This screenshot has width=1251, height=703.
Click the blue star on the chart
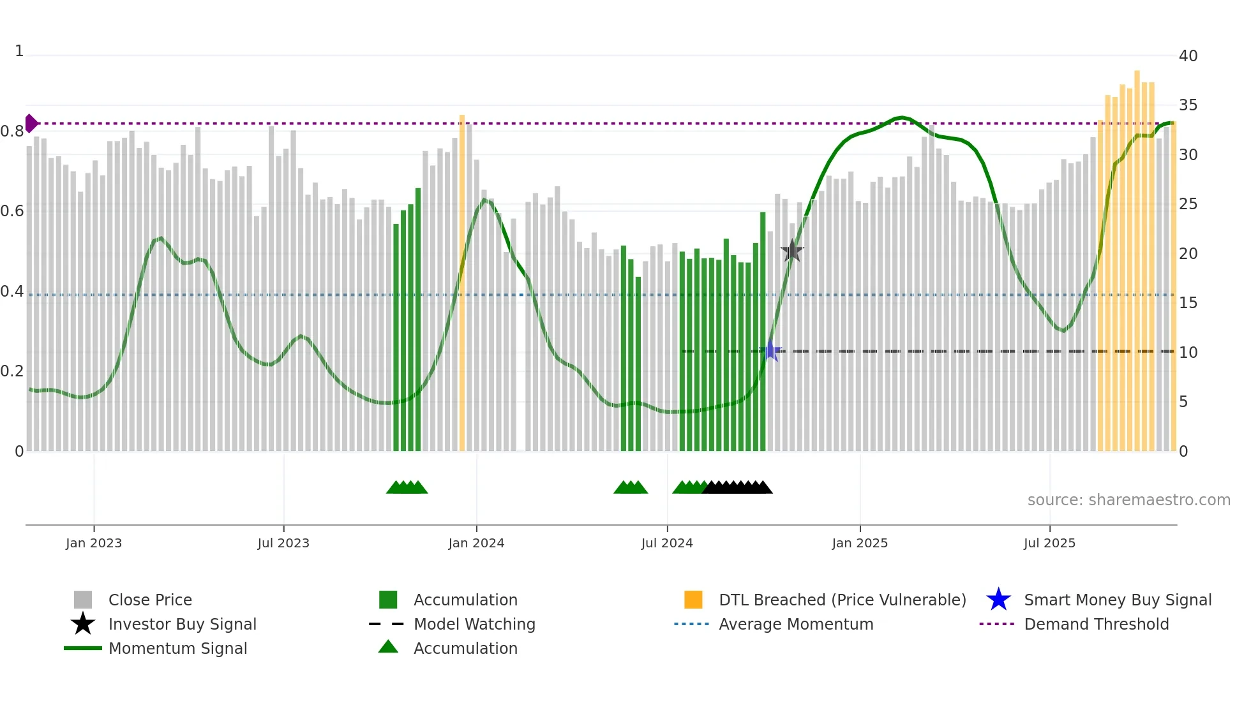click(x=771, y=351)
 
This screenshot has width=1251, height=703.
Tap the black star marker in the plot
click(x=792, y=251)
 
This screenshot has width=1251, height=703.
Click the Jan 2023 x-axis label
click(x=94, y=543)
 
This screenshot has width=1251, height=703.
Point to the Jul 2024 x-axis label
click(x=667, y=543)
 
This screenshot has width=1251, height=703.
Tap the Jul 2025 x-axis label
click(x=1049, y=543)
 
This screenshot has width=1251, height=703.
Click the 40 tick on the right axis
click(x=1188, y=56)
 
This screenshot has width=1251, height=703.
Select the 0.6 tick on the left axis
click(x=12, y=211)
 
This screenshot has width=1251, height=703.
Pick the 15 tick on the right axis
click(x=1188, y=303)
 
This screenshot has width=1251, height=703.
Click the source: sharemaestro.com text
click(x=1128, y=500)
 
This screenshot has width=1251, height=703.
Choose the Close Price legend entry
click(x=150, y=600)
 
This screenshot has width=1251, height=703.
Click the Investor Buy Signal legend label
click(x=183, y=624)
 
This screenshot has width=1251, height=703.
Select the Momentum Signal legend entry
click(x=177, y=648)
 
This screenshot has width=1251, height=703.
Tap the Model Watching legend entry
click(x=474, y=624)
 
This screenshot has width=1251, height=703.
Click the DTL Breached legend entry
click(x=842, y=600)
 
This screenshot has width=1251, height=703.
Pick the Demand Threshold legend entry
click(x=1096, y=624)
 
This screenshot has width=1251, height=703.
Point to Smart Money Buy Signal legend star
click(x=998, y=600)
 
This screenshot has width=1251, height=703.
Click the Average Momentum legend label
click(x=796, y=624)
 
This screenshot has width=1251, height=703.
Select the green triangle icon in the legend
click(x=388, y=647)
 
